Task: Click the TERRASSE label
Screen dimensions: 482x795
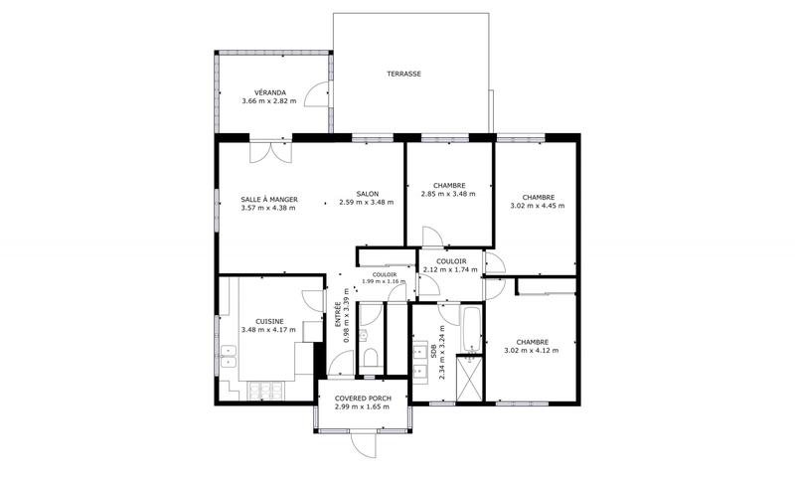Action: pos(403,74)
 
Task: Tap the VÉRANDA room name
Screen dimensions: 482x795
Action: pos(269,92)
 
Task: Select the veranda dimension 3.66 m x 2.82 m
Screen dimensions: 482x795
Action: pos(269,101)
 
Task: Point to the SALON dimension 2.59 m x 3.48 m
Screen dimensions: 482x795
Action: pos(366,203)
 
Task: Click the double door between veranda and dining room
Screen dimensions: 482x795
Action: pos(270,151)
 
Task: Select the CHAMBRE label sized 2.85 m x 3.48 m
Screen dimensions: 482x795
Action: pos(449,185)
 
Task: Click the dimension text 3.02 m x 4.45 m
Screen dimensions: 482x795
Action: pos(537,206)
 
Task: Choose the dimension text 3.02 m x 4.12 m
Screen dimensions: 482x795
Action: pos(533,350)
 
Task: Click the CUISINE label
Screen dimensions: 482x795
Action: pos(269,321)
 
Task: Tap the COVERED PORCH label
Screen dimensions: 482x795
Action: pos(363,399)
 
